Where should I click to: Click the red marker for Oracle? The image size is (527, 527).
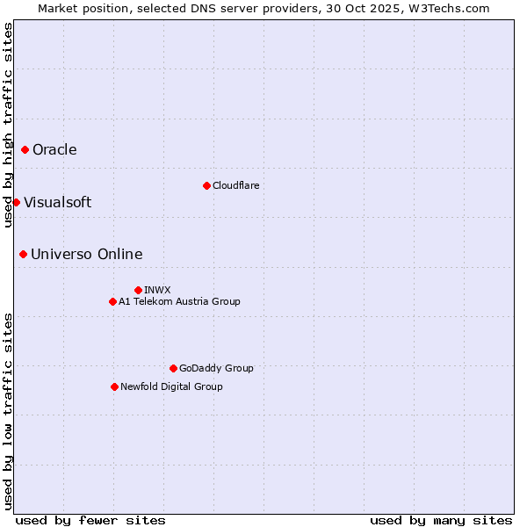click(25, 150)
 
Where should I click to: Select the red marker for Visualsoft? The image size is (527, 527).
click(16, 203)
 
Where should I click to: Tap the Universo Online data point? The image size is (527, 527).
click(23, 255)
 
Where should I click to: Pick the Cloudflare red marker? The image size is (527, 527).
click(206, 185)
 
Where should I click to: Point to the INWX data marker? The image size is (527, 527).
click(138, 290)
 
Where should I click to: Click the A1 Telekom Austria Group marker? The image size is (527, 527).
click(112, 302)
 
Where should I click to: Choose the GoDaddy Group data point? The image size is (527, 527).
click(173, 368)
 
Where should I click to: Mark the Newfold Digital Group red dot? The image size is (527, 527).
click(114, 386)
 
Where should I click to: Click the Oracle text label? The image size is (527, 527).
click(54, 150)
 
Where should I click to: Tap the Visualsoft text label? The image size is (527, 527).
click(57, 203)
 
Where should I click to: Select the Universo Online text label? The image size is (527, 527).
click(86, 255)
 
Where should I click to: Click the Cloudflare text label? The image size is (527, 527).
click(235, 185)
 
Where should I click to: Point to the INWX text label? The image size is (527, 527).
click(157, 290)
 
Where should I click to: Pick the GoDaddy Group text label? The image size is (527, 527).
click(216, 368)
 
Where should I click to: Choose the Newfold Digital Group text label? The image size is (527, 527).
click(171, 386)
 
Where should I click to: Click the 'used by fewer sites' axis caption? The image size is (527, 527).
click(90, 520)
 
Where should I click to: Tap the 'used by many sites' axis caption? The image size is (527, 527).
click(441, 520)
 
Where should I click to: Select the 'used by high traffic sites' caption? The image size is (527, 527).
click(8, 125)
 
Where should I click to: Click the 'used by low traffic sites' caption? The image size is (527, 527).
click(8, 410)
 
